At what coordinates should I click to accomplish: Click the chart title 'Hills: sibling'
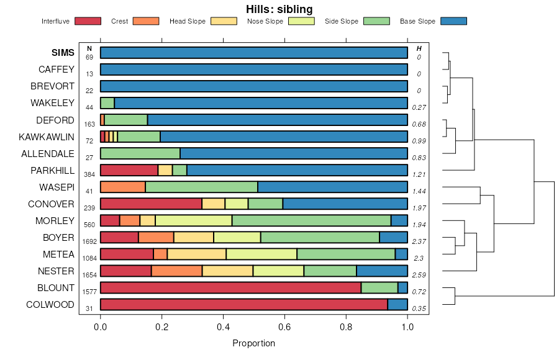tap(279, 9)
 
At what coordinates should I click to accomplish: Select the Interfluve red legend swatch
tap(88, 21)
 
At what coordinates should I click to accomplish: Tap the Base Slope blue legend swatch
tap(453, 21)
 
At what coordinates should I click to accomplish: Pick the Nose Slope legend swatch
tap(301, 21)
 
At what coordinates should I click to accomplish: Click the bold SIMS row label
tap(63, 53)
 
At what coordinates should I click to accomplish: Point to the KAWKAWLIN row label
tap(47, 137)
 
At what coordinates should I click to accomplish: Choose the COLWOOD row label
tap(50, 305)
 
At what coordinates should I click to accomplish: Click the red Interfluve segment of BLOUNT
tap(230, 287)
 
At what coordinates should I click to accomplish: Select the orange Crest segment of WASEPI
tap(123, 187)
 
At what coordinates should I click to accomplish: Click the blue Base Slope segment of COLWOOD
tap(398, 304)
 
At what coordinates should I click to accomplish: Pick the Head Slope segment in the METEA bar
tap(196, 254)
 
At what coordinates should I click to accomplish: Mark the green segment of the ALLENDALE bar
tap(140, 153)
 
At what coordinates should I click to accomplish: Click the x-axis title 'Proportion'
tap(253, 343)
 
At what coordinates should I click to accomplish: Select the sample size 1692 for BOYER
tap(89, 241)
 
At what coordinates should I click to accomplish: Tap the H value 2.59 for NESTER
tap(419, 274)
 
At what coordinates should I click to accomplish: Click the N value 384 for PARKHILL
tap(89, 174)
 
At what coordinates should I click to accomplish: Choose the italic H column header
tap(419, 48)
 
